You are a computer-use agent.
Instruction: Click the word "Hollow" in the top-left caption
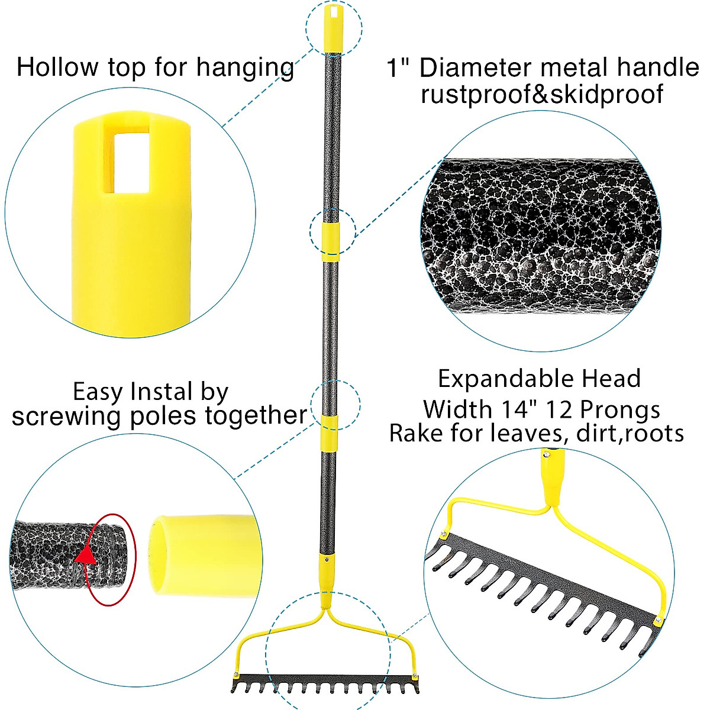(58, 67)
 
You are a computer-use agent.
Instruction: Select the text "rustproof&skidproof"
(541, 94)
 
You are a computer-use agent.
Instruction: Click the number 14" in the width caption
(518, 409)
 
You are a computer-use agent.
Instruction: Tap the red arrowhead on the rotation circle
(87, 556)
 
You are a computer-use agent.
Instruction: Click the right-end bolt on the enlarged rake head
(658, 619)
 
